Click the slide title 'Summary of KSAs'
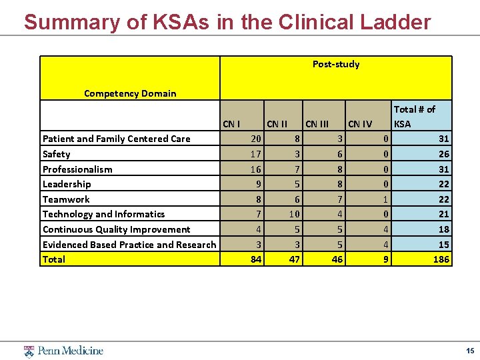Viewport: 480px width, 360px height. point(227,22)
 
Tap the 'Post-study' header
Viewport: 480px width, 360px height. point(336,64)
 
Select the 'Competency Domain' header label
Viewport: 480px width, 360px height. point(130,93)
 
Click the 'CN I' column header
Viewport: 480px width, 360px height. point(231,123)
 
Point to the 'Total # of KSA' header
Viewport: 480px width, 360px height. point(414,116)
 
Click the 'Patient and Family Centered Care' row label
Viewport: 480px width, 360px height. point(116,139)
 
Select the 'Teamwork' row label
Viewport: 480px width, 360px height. point(66,199)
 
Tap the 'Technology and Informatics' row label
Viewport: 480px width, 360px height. point(103,214)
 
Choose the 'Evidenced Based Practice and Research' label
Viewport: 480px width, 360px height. point(129,245)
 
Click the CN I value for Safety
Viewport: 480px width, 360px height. point(255,154)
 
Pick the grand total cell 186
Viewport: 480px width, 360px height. point(440,259)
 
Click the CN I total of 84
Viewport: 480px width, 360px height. point(255,259)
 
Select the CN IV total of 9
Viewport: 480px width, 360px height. point(385,259)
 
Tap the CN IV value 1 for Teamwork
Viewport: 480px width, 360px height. point(386,199)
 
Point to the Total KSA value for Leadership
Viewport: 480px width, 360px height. point(443,184)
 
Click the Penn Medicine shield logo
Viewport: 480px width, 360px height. point(29,351)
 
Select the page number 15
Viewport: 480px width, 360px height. point(470,351)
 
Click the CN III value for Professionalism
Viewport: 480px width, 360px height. point(339,169)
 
